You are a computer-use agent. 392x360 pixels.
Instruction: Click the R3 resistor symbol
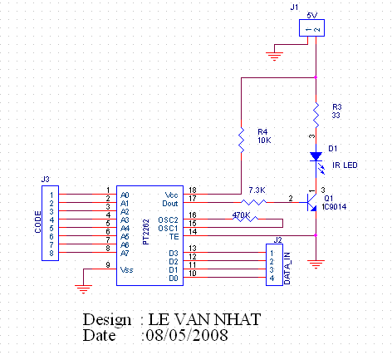coord(316,115)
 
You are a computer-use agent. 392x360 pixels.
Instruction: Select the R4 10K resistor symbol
coord(241,140)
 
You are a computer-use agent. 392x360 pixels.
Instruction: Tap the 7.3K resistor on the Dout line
coord(253,202)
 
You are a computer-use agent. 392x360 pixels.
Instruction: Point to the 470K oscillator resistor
coord(245,219)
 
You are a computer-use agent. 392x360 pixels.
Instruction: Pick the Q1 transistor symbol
coord(311,202)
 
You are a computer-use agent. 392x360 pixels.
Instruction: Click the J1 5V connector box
coord(311,27)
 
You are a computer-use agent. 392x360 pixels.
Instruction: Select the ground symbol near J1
coord(274,57)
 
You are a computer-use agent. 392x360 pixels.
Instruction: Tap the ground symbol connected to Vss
coord(83,289)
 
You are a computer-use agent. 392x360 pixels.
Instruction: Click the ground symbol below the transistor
coord(316,264)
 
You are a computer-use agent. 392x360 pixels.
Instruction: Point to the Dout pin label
coord(170,204)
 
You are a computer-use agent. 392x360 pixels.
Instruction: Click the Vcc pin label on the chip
coord(171,195)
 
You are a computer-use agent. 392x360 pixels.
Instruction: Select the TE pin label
coord(174,237)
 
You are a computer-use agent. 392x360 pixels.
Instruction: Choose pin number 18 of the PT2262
coord(193,190)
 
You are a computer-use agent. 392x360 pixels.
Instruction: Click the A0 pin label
coord(125,195)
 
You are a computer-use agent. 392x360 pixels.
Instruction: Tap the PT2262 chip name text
coord(146,232)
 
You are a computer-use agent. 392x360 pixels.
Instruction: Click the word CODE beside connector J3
coord(38,222)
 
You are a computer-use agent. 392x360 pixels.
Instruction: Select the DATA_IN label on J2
coord(287,269)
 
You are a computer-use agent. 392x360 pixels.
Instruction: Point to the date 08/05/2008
coord(187,335)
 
